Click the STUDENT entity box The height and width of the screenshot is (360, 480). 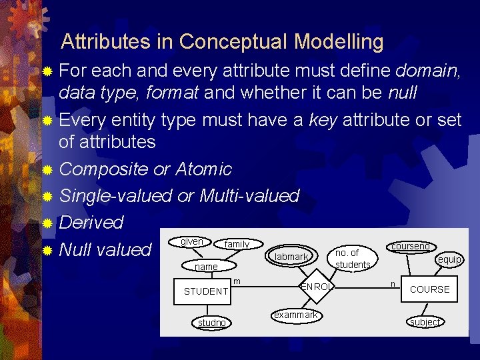pos(206,291)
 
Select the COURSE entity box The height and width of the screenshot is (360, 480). pos(429,289)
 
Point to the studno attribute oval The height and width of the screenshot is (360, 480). pos(212,323)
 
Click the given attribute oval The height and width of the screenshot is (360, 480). pos(192,242)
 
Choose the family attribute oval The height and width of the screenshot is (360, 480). pos(237,245)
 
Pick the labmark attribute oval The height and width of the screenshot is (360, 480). pos(291,257)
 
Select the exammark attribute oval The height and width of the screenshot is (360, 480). pos(295,314)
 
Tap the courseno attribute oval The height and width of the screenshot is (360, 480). pos(410,246)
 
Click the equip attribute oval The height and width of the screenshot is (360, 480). pos(449,259)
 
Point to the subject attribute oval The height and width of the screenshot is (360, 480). pos(425,322)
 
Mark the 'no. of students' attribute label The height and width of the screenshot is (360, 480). pos(353,259)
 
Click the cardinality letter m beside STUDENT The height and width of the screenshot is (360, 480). pos(237,281)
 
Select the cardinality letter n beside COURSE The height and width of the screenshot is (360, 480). pos(393,283)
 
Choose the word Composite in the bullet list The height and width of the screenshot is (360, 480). pos(103,169)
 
